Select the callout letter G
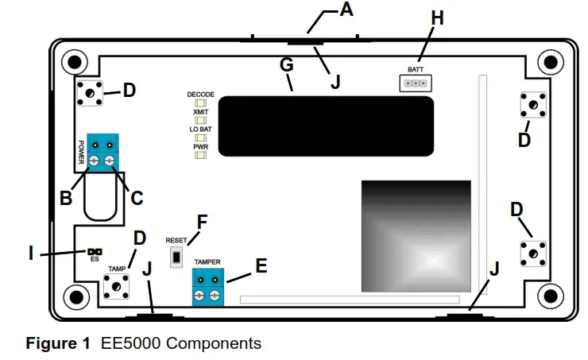287,66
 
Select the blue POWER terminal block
102,153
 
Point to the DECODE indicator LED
200,103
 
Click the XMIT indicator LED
200,121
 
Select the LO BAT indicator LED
200,137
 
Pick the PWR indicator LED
200,155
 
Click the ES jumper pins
95,250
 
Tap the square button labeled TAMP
117,285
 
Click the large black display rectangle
326,126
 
